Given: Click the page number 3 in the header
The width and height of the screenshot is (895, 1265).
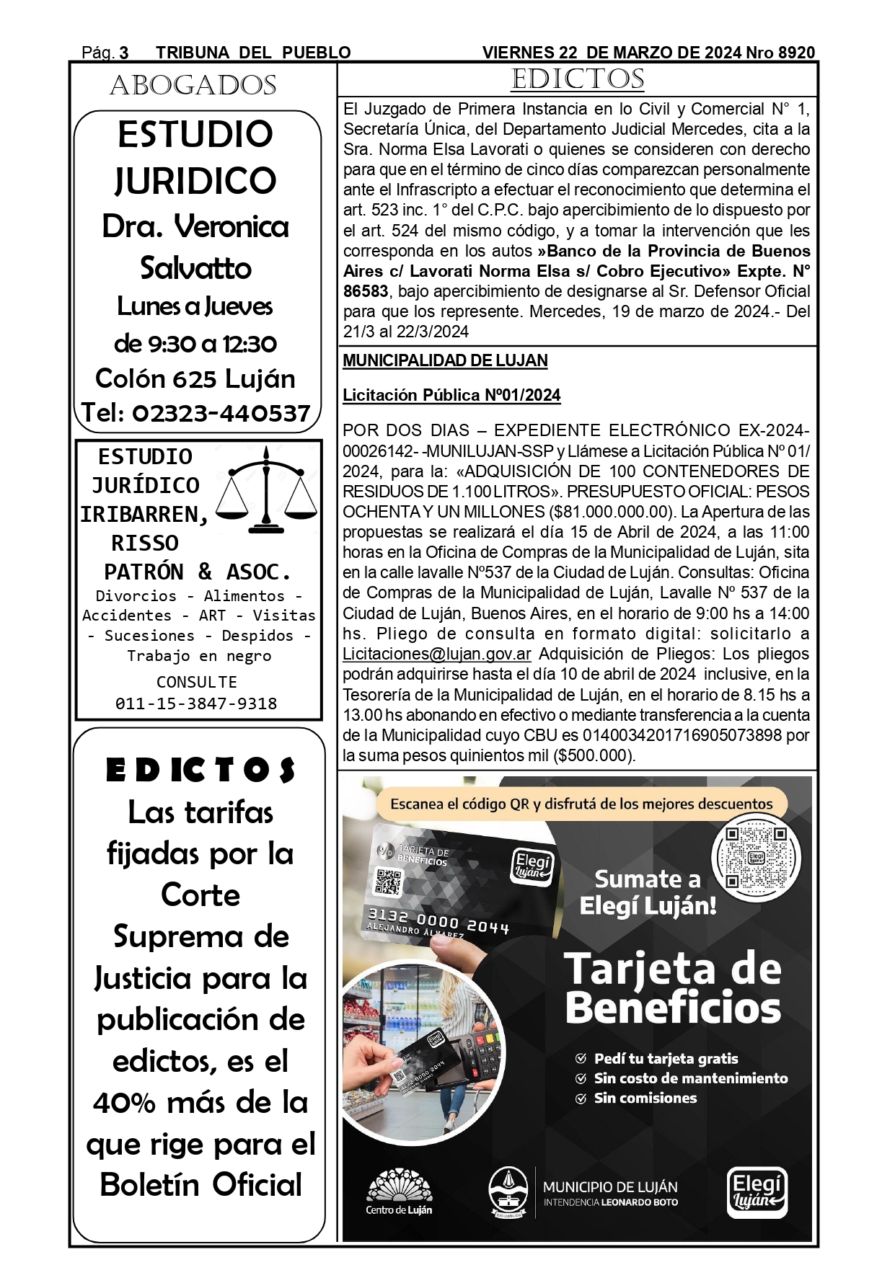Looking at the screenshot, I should click(124, 53).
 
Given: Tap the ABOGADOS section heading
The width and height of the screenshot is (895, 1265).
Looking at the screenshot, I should click(193, 86).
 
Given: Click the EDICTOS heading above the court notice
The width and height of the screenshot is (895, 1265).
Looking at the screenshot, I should click(577, 79).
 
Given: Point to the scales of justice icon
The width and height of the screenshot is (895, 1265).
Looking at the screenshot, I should click(268, 490).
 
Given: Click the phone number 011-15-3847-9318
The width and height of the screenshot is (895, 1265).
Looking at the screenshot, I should click(196, 703).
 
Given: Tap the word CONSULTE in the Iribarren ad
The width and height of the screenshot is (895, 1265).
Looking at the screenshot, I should click(196, 682).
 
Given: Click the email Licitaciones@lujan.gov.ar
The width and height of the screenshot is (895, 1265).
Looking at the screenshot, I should click(437, 654).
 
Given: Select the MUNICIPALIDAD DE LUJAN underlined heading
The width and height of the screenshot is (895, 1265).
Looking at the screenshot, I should click(445, 360).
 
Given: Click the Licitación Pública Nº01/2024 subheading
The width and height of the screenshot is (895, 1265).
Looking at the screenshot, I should click(451, 395).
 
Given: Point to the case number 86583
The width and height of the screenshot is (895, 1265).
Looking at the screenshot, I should click(366, 292).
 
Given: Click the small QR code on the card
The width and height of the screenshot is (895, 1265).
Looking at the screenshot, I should click(388, 881).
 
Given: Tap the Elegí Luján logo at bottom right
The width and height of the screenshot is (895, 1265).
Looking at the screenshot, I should click(756, 1192).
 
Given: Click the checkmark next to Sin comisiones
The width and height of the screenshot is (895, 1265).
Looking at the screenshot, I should click(581, 1098).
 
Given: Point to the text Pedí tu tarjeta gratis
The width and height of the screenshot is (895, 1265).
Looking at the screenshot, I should click(666, 1059).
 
